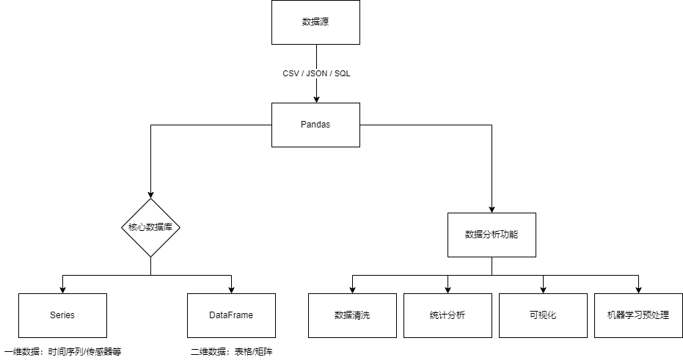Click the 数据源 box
(x=315, y=22)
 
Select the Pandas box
(x=315, y=125)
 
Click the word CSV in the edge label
(x=291, y=74)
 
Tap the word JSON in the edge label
(x=317, y=74)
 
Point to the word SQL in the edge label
(x=343, y=74)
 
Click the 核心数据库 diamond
(x=150, y=227)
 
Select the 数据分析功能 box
(x=492, y=235)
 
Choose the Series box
(x=62, y=315)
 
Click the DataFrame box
(x=231, y=315)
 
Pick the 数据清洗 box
(x=352, y=315)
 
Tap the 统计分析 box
(x=448, y=315)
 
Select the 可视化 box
(x=543, y=315)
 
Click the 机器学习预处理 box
(x=638, y=315)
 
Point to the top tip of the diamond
(x=150, y=199)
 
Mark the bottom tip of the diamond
(x=150, y=255)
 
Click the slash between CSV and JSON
(x=303, y=74)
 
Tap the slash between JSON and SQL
(x=331, y=74)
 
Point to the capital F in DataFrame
(x=231, y=315)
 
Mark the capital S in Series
(x=53, y=315)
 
